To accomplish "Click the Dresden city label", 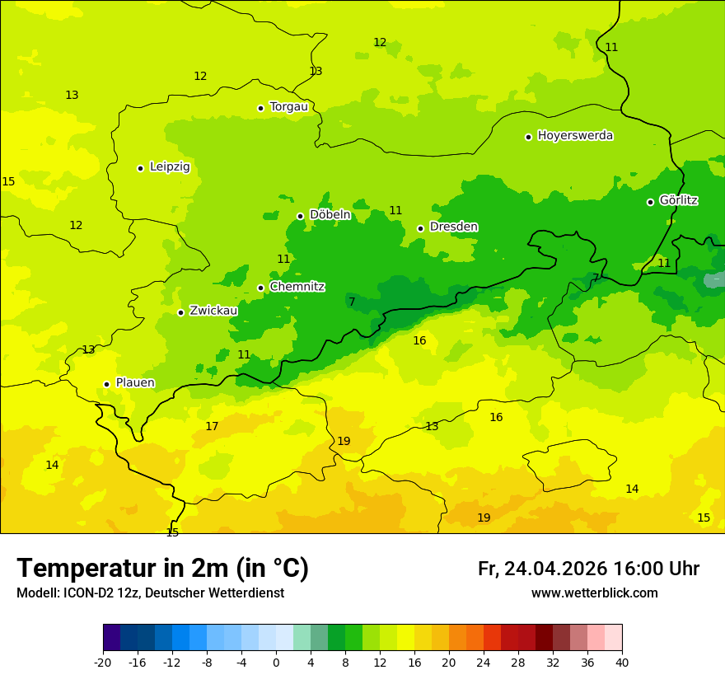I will click(453, 227).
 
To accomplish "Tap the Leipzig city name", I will click(170, 166).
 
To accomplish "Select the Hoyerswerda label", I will click(575, 135).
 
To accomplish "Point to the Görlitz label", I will click(678, 200).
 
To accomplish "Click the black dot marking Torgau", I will click(260, 108).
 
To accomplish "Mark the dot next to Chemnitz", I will click(260, 288).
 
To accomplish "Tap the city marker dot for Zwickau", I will click(180, 312).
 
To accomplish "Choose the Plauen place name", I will click(135, 382).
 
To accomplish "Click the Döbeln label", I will click(330, 214).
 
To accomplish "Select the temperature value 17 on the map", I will click(212, 426).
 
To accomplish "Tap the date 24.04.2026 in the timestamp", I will click(555, 569).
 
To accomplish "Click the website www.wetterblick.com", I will click(594, 593).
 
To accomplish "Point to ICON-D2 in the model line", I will click(82, 593).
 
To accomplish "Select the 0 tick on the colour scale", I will click(276, 662).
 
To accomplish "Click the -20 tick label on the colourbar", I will click(103, 662).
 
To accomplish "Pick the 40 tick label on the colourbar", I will click(622, 662).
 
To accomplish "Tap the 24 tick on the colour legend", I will click(484, 662).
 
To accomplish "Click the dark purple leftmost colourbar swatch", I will click(112, 637).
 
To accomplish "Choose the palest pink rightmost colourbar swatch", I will click(613, 637).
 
